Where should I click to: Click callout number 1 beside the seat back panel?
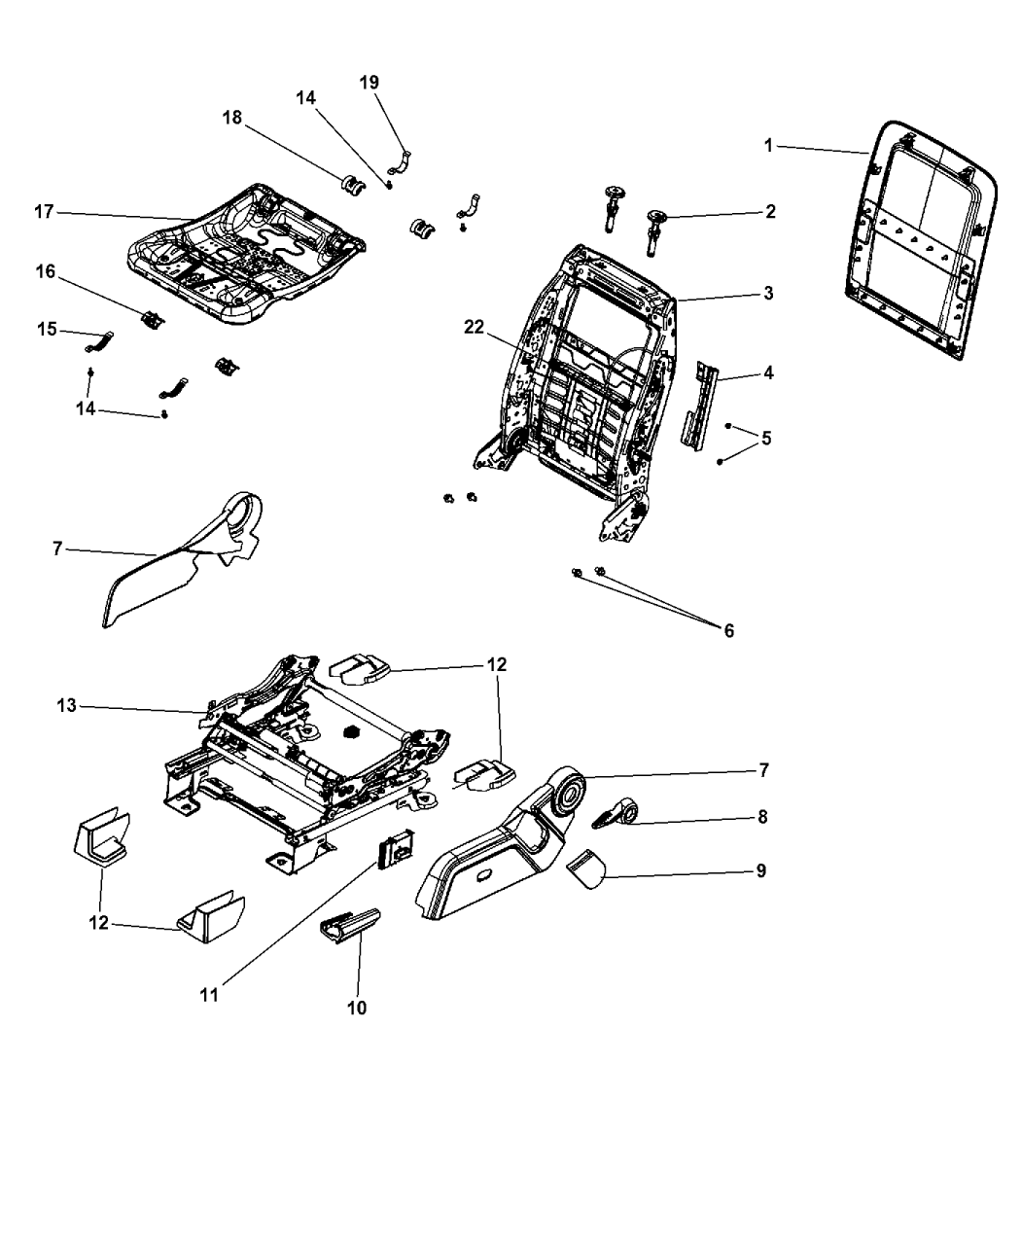coord(768,146)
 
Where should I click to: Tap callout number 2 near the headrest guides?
coord(770,211)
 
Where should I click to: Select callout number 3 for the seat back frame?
coord(768,293)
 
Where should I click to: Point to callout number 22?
coord(474,327)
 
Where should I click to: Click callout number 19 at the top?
coord(369,82)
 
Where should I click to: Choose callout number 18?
coord(232,118)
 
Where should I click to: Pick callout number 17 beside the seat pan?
coord(44,211)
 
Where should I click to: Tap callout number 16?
coord(45,271)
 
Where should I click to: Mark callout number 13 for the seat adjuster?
coord(66,705)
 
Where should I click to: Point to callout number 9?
coord(760,870)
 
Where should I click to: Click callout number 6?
coord(728,630)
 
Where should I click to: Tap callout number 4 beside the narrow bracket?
coord(768,372)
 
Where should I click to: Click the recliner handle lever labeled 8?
coord(616,813)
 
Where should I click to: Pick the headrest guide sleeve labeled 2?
coord(654,233)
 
